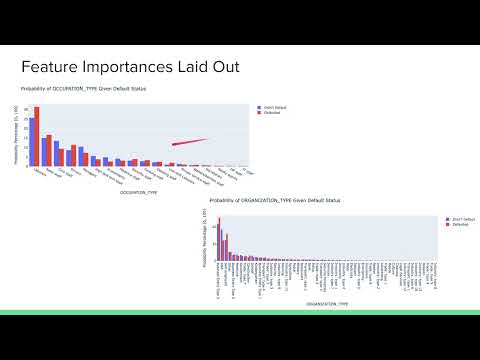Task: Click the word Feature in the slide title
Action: pos(49,67)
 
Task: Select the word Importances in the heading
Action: pos(126,67)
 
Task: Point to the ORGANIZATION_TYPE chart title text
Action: pos(283,201)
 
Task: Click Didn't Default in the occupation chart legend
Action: pos(276,106)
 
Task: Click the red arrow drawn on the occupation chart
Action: pos(190,143)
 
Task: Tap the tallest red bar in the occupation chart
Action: pos(37,136)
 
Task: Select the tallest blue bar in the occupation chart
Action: pos(32,139)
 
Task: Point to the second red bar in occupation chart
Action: pos(49,150)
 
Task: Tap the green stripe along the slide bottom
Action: pos(240,312)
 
